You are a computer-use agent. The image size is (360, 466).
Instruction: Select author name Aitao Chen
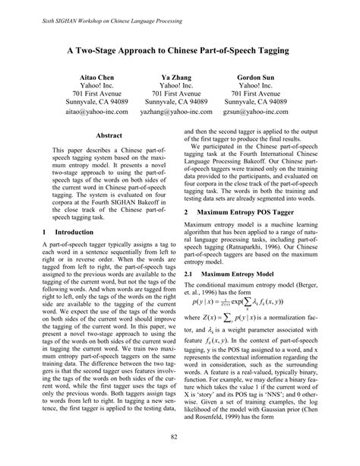pyautogui.click(x=96, y=78)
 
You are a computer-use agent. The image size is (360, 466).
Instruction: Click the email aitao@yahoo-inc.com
pyautogui.click(x=96, y=111)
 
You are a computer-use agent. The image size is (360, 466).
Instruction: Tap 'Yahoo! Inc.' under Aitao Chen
pyautogui.click(x=96, y=89)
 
